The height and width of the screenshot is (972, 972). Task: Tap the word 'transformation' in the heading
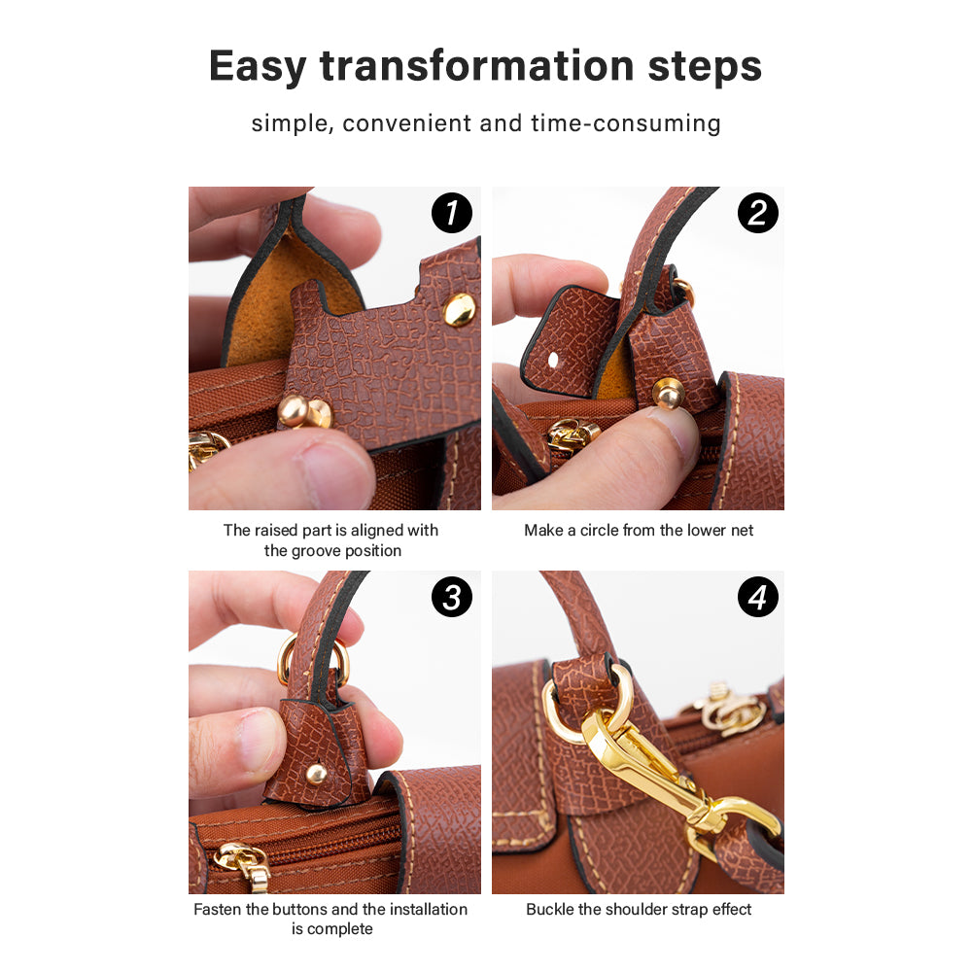pyautogui.click(x=476, y=66)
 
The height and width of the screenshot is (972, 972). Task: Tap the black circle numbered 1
pyautogui.click(x=452, y=213)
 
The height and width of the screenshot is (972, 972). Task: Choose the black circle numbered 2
pyautogui.click(x=757, y=213)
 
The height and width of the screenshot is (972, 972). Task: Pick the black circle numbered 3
pyautogui.click(x=452, y=597)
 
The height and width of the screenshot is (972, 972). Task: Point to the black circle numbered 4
pyautogui.click(x=757, y=597)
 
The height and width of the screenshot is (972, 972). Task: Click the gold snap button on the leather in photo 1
pyautogui.click(x=460, y=309)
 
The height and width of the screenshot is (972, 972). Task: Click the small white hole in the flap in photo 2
pyautogui.click(x=553, y=359)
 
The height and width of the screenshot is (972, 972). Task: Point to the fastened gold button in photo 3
pyautogui.click(x=317, y=773)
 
